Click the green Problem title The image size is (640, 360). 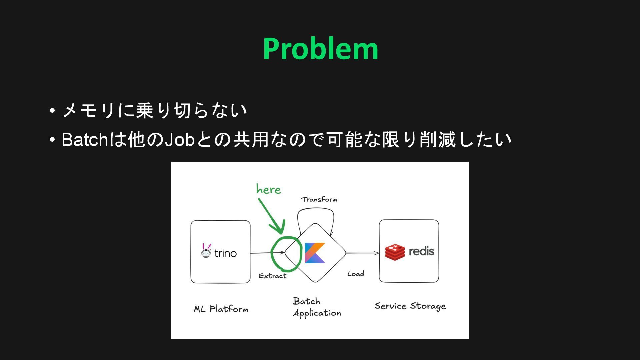click(x=320, y=49)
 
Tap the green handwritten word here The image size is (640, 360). click(x=268, y=189)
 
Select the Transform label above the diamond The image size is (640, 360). click(x=319, y=199)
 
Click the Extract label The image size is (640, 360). click(x=272, y=276)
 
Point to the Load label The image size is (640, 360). click(x=356, y=274)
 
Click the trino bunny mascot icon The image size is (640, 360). click(x=206, y=251)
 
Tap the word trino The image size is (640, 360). click(x=225, y=253)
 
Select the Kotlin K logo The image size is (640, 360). click(x=315, y=253)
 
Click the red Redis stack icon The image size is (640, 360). click(x=395, y=252)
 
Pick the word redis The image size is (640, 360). click(x=421, y=251)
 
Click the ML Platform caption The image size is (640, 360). click(x=221, y=309)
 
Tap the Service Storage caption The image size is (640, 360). click(x=410, y=306)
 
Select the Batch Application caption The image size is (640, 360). click(x=317, y=307)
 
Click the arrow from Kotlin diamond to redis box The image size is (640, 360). click(x=362, y=253)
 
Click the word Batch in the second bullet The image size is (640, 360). click(x=85, y=140)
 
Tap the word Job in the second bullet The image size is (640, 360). click(x=180, y=140)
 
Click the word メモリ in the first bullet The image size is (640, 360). click(x=88, y=110)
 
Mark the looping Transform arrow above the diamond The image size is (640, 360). click(x=315, y=210)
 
